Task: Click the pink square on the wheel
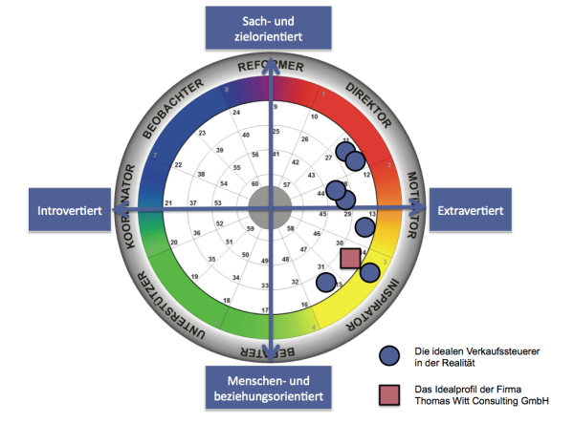[x=351, y=258]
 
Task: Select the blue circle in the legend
[x=387, y=356]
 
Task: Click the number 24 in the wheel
[x=236, y=113]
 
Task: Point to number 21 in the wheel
[x=168, y=203]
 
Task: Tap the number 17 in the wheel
[x=265, y=311]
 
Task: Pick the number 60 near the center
[x=254, y=183]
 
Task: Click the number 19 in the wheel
[x=195, y=276]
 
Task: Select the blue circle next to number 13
[x=364, y=227]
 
